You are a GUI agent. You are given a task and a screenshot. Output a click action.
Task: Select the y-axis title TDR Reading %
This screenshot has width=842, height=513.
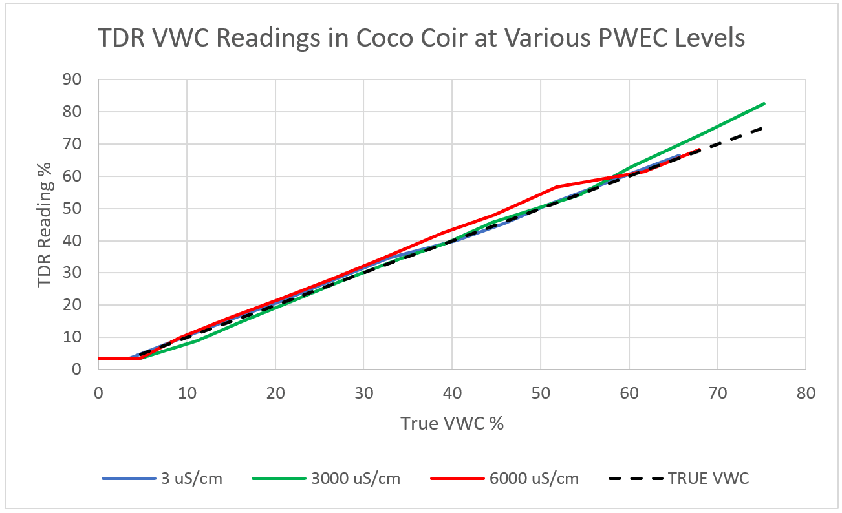tap(44, 224)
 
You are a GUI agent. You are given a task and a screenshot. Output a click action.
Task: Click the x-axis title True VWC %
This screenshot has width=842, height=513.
tap(451, 423)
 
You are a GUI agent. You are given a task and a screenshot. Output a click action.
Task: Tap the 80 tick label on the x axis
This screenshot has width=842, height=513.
tap(806, 392)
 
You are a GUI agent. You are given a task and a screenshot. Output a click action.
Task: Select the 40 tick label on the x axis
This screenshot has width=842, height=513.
tap(452, 392)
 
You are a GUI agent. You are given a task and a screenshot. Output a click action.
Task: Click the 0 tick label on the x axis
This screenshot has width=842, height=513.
tap(98, 392)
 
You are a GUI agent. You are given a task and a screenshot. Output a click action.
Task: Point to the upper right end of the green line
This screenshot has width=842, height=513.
tap(764, 103)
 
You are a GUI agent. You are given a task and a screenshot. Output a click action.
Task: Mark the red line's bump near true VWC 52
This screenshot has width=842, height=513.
tap(556, 187)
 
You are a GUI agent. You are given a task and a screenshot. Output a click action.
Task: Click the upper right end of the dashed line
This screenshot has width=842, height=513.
tap(762, 128)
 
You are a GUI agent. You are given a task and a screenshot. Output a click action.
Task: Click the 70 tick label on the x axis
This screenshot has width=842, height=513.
tap(717, 392)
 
